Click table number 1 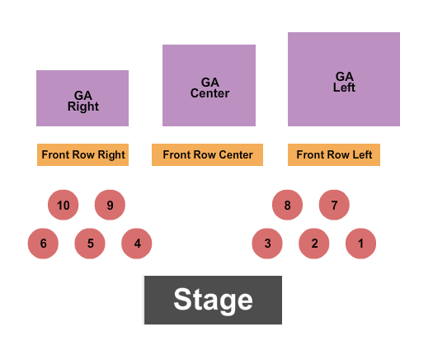(360, 244)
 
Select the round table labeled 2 (314, 244)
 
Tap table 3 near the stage (267, 244)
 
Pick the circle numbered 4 (137, 244)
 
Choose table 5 (91, 244)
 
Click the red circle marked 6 (44, 244)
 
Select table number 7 (334, 205)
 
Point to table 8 (287, 205)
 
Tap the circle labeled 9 (110, 205)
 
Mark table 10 (64, 205)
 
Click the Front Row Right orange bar (83, 155)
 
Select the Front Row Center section (207, 155)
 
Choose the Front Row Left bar (334, 155)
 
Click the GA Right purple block (82, 98)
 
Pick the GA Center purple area (209, 86)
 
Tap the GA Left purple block (344, 79)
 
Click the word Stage (213, 300)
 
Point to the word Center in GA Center (209, 93)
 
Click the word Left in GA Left (344, 88)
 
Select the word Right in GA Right (83, 107)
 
